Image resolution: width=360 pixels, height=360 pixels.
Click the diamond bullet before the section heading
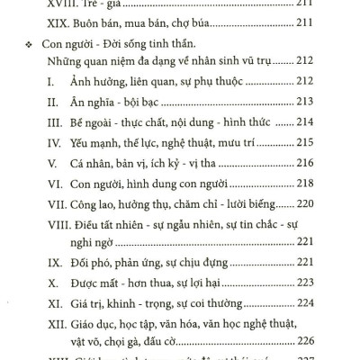coord(31,44)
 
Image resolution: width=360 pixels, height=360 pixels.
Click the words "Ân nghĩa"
coord(94,102)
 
